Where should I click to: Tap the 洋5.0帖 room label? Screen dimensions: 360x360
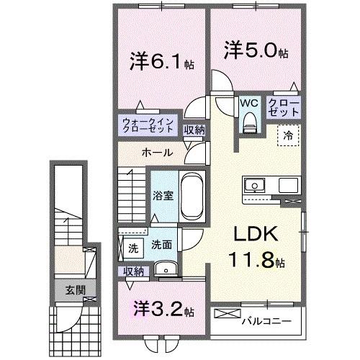(x=256, y=52)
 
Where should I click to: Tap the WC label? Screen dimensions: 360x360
(x=249, y=103)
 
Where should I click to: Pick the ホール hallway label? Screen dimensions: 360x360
(x=156, y=153)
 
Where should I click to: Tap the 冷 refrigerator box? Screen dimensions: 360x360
(x=287, y=135)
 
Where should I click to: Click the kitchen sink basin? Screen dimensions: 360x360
(x=253, y=186)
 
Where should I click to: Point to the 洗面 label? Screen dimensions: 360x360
(x=161, y=245)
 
